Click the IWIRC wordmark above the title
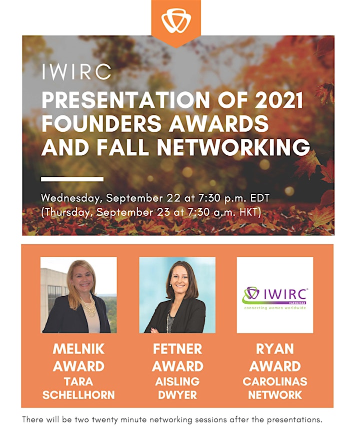[76, 72]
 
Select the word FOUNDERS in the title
[101, 123]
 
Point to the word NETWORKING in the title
[233, 147]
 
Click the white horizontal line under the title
[72, 179]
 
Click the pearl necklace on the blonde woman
[88, 305]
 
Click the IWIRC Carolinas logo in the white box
[275, 298]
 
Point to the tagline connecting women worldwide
[275, 308]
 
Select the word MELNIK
[78, 349]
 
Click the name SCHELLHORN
[78, 395]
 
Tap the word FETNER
[177, 349]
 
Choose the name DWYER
[177, 395]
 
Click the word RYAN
[275, 349]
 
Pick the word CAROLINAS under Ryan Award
[275, 382]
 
